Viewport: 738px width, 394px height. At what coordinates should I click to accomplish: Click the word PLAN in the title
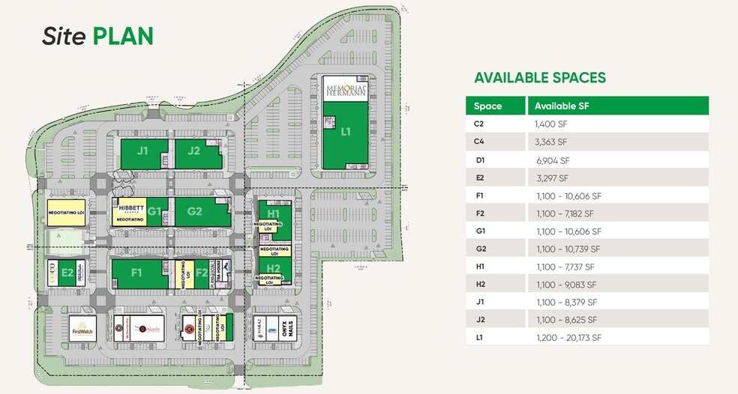coord(123,36)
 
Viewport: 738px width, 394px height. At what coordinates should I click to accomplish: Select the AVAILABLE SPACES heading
coord(540,78)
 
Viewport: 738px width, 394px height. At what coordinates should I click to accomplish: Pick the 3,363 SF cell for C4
coord(551,142)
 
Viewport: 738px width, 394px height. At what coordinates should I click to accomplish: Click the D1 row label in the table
coord(480,160)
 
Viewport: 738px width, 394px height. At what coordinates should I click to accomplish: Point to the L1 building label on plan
coord(346,132)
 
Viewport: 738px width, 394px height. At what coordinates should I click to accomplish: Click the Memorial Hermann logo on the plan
coord(346,89)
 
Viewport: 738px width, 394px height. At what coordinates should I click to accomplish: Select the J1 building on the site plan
coord(142,151)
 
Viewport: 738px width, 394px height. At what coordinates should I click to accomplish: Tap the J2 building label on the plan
coord(193,151)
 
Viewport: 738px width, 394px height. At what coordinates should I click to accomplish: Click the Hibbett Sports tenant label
coord(130,210)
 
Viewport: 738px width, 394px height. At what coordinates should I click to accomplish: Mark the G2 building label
coord(195,211)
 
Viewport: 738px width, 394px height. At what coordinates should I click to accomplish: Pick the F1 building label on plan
coord(136,273)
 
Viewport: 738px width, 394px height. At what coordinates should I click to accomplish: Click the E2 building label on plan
coord(67,273)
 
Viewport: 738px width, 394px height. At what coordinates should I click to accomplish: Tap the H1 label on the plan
coord(273,213)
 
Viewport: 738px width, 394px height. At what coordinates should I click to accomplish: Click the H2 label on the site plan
coord(273,268)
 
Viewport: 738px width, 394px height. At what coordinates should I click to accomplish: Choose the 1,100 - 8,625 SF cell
coord(566,320)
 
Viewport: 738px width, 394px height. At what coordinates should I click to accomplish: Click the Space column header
coord(487,106)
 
